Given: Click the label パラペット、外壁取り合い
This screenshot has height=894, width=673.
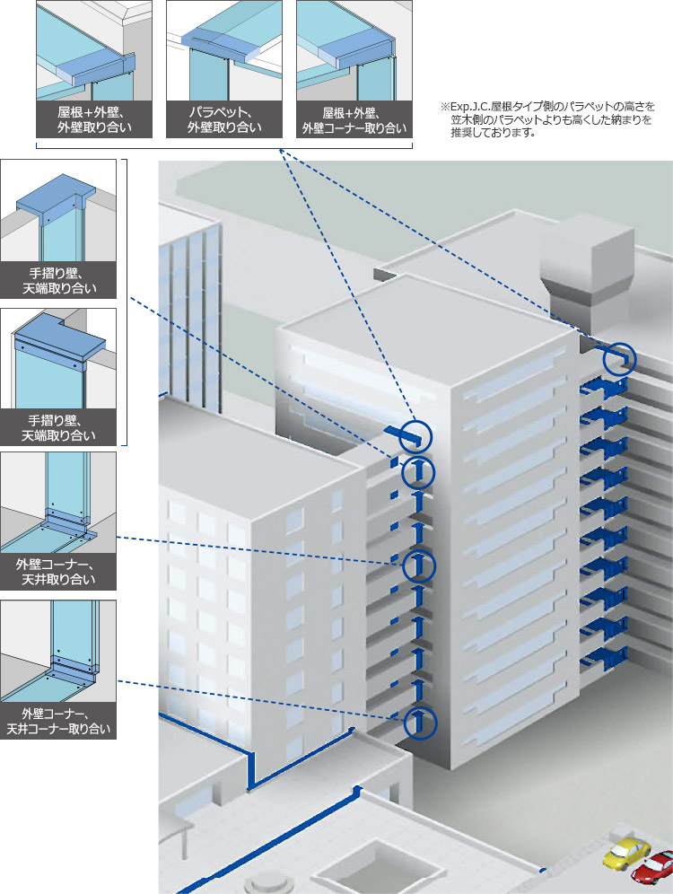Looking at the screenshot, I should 224,119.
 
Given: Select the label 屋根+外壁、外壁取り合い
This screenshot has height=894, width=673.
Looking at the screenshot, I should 93,119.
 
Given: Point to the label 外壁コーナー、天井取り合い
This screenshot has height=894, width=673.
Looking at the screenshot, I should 59,572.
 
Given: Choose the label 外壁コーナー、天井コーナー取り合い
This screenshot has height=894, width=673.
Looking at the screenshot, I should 59,721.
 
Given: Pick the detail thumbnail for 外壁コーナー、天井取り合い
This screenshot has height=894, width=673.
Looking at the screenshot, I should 59,502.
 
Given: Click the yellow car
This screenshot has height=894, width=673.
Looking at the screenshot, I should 625,851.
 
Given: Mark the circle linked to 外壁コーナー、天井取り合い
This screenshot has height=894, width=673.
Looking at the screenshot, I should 418,565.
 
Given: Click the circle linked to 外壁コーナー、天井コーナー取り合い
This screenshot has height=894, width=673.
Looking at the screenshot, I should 418,721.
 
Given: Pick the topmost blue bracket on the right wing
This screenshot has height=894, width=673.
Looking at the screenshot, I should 605,389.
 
